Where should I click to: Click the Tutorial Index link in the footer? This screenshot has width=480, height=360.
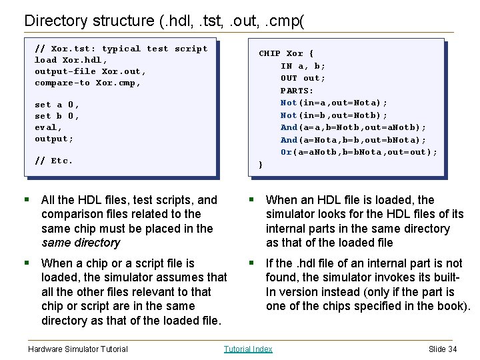click(x=248, y=349)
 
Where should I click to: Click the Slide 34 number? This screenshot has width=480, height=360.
click(x=443, y=349)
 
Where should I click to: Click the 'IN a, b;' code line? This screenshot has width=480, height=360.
click(x=303, y=66)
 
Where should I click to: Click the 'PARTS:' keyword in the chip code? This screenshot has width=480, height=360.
click(x=297, y=91)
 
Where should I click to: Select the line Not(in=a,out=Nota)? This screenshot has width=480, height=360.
click(x=333, y=103)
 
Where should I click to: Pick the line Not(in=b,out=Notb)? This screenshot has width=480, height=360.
click(x=333, y=115)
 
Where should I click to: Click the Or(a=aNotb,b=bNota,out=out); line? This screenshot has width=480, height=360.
click(x=359, y=152)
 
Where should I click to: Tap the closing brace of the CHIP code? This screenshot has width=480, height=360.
click(x=261, y=165)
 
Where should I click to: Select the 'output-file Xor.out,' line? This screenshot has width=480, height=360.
click(x=90, y=71)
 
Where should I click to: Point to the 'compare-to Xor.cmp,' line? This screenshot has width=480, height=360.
click(x=87, y=83)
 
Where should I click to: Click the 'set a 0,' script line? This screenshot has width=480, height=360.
click(x=57, y=105)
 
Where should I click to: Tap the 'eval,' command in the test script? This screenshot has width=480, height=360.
click(x=48, y=127)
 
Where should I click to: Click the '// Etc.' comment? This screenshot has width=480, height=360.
click(x=53, y=161)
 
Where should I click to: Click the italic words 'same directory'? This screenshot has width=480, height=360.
click(x=81, y=243)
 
